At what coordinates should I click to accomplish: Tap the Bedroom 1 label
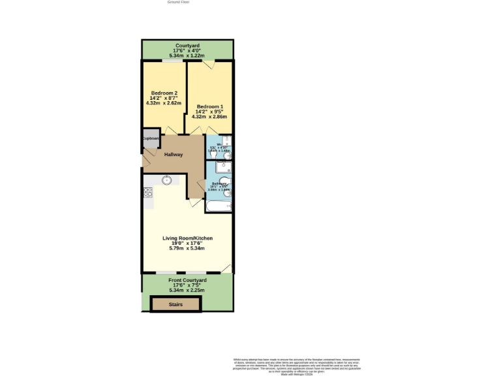pyautogui.click(x=210, y=106)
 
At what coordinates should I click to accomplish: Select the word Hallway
pyautogui.click(x=174, y=155)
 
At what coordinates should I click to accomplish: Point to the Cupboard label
pyautogui.click(x=151, y=138)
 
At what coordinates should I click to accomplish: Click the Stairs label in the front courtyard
pyautogui.click(x=176, y=304)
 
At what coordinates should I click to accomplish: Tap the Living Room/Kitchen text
pyautogui.click(x=187, y=238)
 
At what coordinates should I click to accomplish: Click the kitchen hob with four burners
pyautogui.click(x=147, y=192)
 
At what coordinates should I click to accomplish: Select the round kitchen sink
pyautogui.click(x=167, y=180)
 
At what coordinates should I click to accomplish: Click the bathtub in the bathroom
pyautogui.click(x=219, y=206)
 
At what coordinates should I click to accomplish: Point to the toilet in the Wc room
pyautogui.click(x=226, y=154)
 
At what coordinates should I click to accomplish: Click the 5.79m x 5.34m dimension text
pyautogui.click(x=187, y=249)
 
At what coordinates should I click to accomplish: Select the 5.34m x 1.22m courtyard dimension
pyautogui.click(x=187, y=55)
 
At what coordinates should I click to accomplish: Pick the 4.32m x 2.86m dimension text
pyautogui.click(x=210, y=117)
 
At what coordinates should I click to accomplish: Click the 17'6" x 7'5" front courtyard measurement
pyautogui.click(x=187, y=285)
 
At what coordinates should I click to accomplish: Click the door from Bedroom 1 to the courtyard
pyautogui.click(x=208, y=63)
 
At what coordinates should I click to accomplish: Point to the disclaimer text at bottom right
pyautogui.click(x=297, y=365)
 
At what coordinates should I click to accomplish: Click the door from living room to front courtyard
pyautogui.click(x=226, y=268)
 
